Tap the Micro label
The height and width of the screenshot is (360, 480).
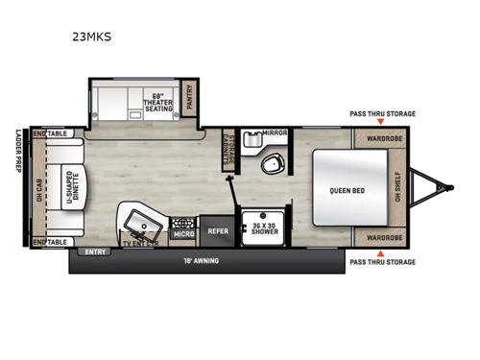(182, 233)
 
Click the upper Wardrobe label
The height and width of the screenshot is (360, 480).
(383, 138)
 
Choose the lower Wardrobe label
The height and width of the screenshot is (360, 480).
(383, 236)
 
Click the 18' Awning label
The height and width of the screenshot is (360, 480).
(201, 260)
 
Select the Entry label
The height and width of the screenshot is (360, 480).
(95, 252)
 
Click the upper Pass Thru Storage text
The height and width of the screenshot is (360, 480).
(383, 114)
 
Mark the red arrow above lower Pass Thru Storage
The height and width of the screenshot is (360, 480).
(383, 252)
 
